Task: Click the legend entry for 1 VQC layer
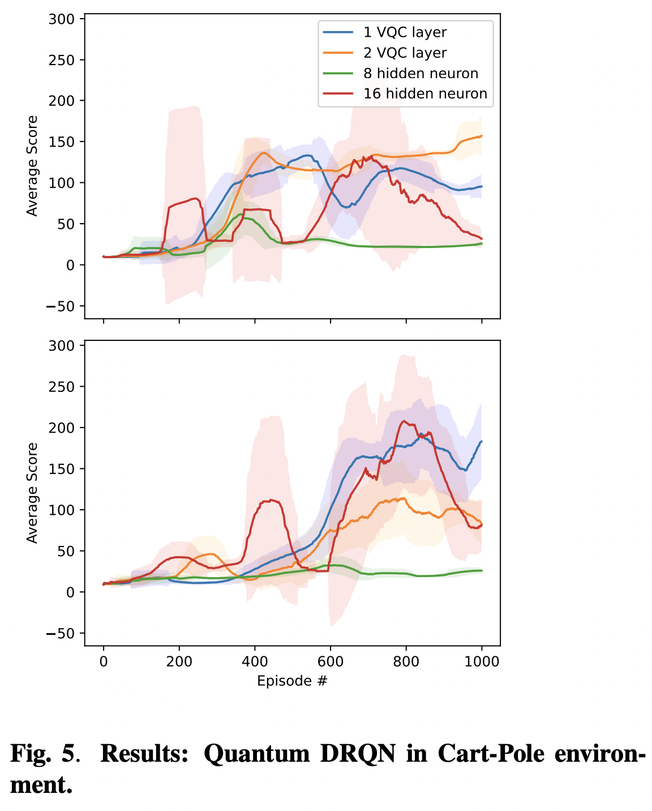click(405, 32)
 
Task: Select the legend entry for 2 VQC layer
click(405, 53)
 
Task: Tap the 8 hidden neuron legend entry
click(421, 74)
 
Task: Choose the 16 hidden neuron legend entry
click(425, 93)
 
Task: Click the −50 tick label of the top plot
click(58, 306)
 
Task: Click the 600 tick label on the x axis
click(331, 661)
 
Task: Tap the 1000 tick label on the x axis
click(482, 661)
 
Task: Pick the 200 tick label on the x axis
click(179, 661)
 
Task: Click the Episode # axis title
click(292, 681)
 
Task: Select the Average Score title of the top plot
click(32, 166)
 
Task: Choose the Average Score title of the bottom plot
click(32, 493)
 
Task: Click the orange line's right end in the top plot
click(482, 136)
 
